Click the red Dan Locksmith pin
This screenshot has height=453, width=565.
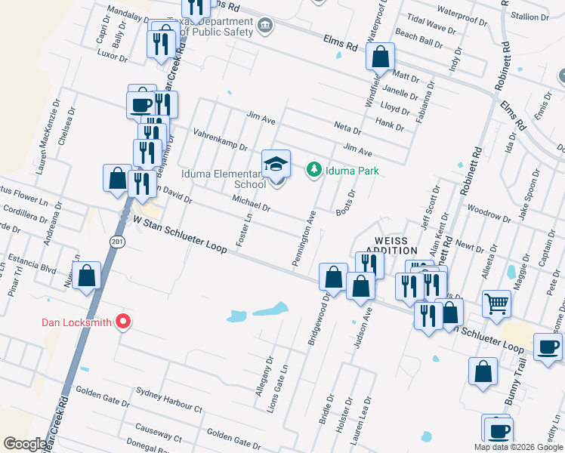(x=122, y=322)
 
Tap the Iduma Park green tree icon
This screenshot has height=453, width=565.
(x=313, y=170)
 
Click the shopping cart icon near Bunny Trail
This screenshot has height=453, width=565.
(x=496, y=304)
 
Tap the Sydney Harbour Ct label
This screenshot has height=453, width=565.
(x=169, y=399)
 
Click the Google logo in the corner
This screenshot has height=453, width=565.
(x=25, y=444)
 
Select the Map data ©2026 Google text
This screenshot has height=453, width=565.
(x=517, y=447)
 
